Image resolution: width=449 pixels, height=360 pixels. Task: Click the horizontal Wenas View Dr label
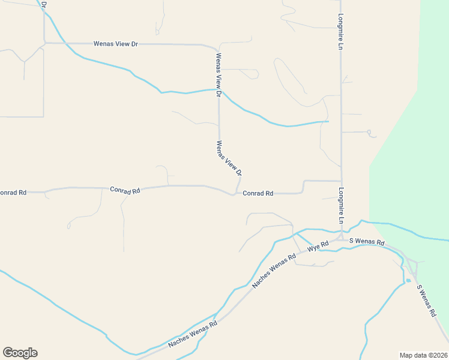click(116, 44)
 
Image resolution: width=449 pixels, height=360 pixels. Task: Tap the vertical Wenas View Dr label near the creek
click(218, 76)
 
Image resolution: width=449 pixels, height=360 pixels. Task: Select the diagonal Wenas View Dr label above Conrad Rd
click(229, 158)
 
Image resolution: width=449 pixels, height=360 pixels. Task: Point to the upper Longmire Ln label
click(340, 31)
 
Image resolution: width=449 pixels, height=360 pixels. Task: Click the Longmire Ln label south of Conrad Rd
click(340, 206)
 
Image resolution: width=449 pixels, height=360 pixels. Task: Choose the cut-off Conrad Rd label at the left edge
click(13, 193)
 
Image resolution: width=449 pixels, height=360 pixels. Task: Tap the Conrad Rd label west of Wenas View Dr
click(125, 190)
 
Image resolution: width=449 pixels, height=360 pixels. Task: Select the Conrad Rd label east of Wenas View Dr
click(258, 193)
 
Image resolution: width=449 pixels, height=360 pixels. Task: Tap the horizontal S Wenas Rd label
click(367, 241)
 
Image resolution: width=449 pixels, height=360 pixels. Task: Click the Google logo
click(20, 353)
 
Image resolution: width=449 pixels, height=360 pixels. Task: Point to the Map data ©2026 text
click(424, 355)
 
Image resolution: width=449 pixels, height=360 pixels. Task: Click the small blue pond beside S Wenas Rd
click(408, 280)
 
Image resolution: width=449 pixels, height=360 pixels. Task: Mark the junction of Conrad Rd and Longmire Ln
click(342, 181)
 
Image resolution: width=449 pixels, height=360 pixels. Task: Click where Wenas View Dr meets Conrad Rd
click(234, 194)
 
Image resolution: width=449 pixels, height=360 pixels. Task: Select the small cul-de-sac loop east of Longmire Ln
click(369, 132)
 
